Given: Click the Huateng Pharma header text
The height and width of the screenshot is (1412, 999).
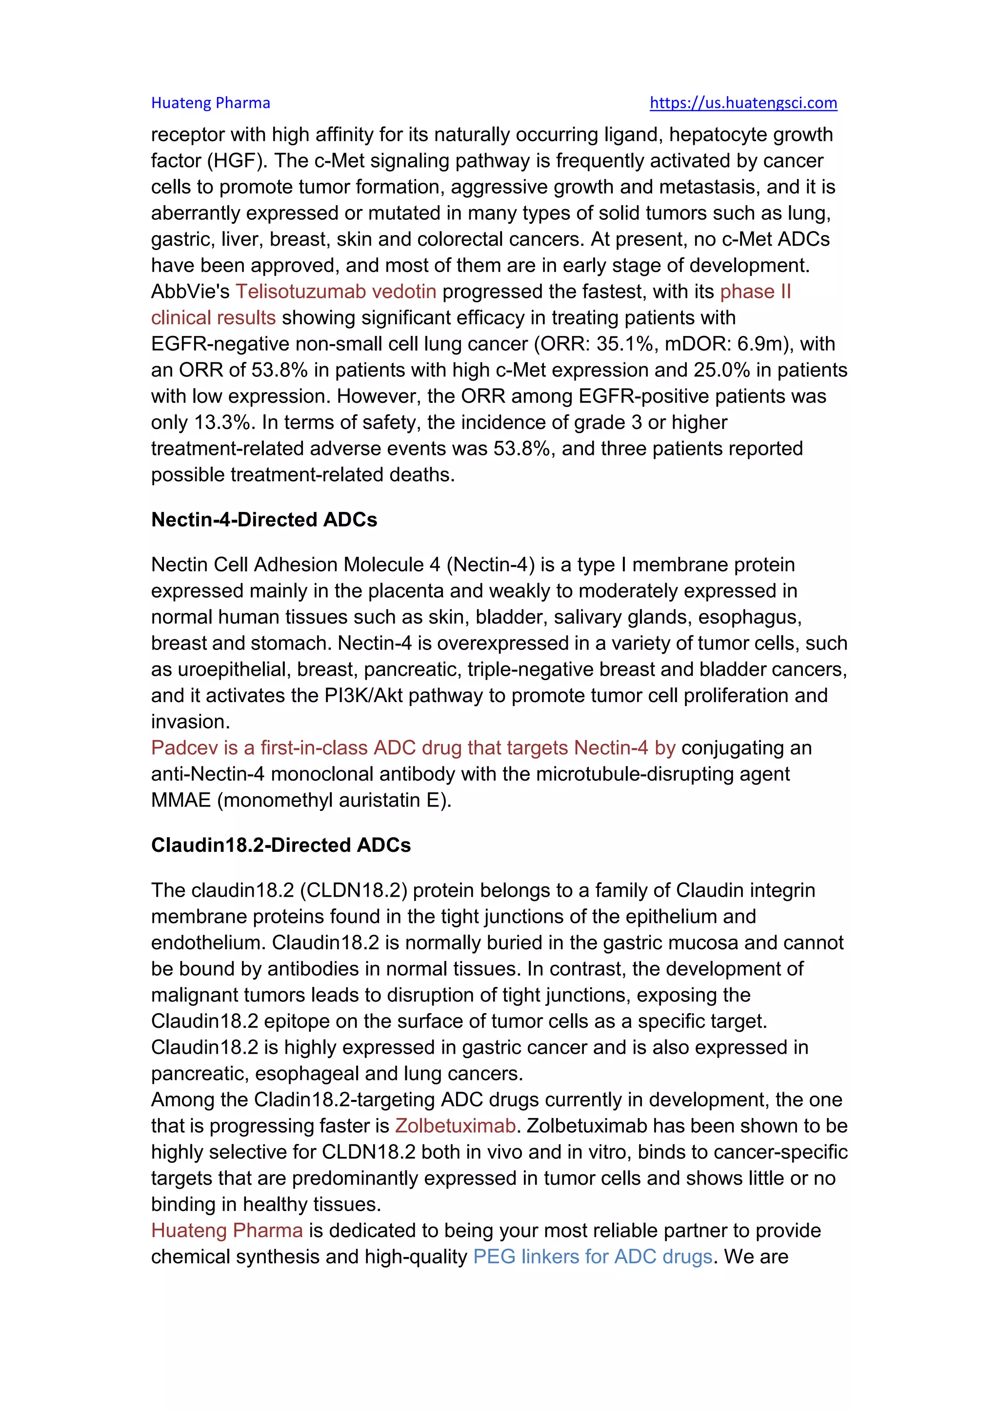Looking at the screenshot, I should [x=210, y=103].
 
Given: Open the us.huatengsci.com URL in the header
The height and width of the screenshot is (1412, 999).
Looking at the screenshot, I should [x=743, y=103].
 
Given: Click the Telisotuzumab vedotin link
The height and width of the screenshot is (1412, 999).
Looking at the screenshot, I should [x=336, y=292].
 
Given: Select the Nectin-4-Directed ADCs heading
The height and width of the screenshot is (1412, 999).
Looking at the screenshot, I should [x=264, y=520].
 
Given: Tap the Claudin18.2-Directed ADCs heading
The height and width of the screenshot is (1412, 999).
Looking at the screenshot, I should [x=280, y=845].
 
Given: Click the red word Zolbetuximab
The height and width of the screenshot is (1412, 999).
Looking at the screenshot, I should [x=455, y=1125].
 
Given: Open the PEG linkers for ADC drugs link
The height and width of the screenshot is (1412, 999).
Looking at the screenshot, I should [x=592, y=1256].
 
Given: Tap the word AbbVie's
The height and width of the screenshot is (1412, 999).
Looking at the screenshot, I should [x=190, y=292].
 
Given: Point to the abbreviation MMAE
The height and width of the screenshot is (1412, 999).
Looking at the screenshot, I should [x=181, y=800].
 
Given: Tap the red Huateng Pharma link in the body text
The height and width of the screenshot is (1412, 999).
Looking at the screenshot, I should [x=227, y=1231].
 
